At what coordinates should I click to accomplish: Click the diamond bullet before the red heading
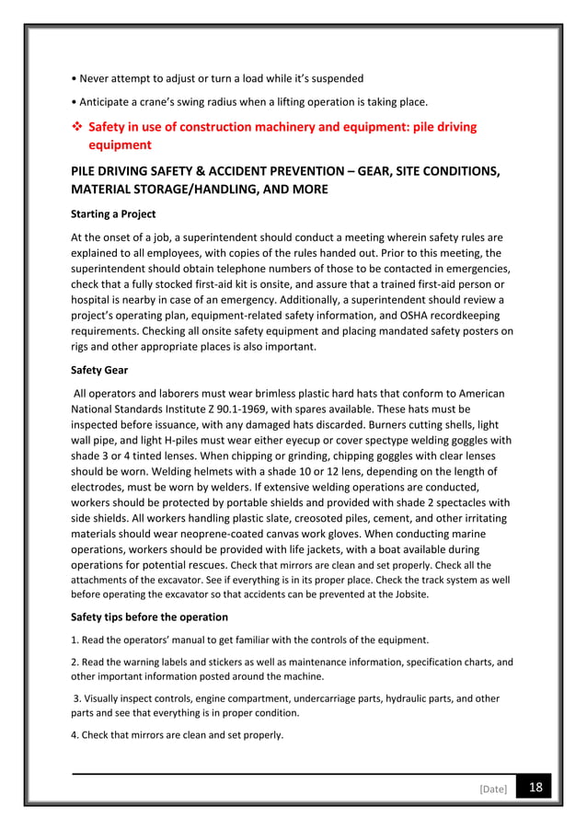tap(76, 127)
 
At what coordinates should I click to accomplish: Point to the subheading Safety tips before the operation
tap(149, 617)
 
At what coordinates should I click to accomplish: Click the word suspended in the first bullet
tap(332, 78)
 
